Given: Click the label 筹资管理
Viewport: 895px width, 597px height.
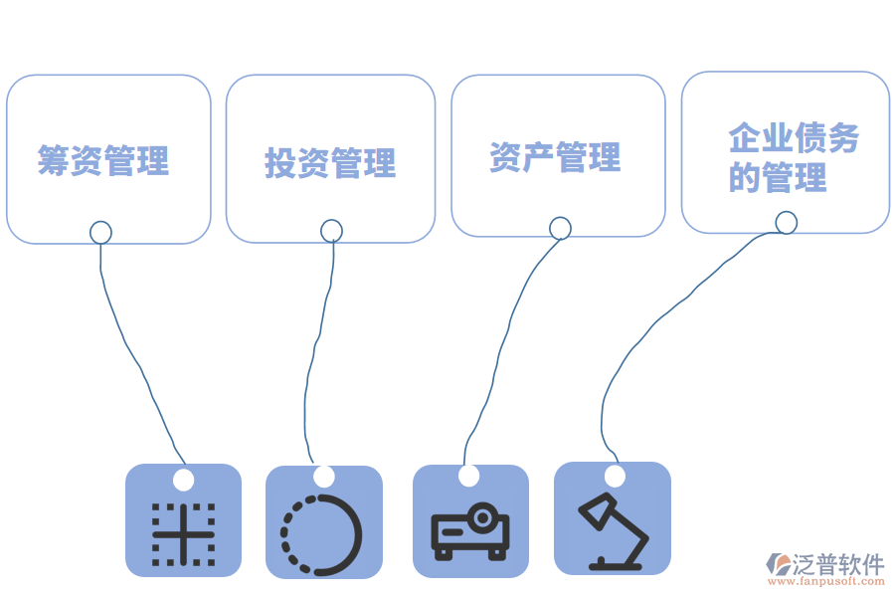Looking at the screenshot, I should coord(103,159).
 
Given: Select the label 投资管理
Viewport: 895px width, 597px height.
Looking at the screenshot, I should coord(330,162).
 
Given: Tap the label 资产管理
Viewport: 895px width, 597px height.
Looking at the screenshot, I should coord(555,157).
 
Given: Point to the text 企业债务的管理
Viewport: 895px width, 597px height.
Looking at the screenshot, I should coord(792,157).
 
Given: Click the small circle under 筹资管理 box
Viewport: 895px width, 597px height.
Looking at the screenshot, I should coord(100,232).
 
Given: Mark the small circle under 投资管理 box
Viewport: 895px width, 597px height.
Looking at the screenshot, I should coord(332,231).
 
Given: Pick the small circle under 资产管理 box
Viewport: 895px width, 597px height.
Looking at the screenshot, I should coord(560,228).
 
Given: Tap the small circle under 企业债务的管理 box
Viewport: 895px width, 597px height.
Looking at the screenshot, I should coord(786,223).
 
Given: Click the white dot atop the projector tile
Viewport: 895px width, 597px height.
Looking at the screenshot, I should coord(468,476).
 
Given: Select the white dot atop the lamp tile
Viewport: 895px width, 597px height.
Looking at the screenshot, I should coord(615,476).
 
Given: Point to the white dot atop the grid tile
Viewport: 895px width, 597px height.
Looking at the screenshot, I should coord(183,480).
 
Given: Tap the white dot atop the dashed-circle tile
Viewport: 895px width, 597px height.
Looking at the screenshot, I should coord(324,477).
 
